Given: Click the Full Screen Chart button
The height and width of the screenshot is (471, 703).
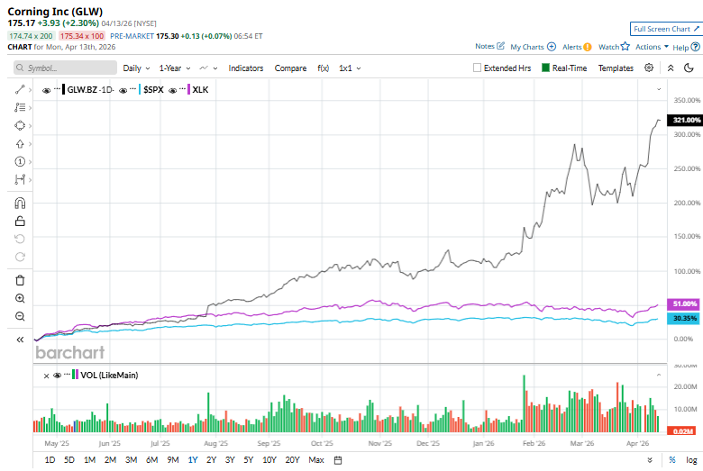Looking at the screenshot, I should point(665,29).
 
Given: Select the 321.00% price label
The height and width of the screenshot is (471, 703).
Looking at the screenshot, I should point(687,120).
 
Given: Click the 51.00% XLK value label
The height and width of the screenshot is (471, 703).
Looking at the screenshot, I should point(685,303).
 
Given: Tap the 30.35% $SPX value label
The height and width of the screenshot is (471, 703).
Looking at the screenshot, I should point(685,318).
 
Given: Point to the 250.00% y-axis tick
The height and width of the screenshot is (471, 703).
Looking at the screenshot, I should point(688,169).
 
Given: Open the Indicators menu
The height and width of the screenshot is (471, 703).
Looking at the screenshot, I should point(245,68).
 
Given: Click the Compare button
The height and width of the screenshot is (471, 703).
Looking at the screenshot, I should point(290,68).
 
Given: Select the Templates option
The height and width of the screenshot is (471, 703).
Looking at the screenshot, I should point(616,68).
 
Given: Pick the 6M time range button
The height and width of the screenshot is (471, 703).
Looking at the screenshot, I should point(151,460).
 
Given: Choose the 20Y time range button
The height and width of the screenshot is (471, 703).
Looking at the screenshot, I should point(292,460).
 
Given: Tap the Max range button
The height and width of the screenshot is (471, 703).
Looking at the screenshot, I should point(315,460).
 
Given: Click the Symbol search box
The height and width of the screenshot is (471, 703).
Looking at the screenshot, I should point(66,68).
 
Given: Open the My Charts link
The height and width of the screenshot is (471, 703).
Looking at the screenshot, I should point(532,47).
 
